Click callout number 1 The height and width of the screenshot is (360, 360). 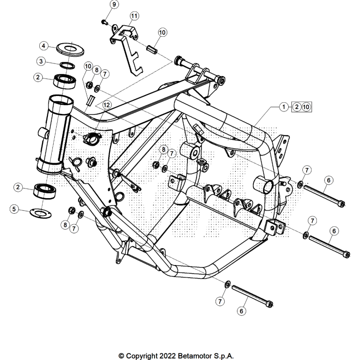(x=284, y=107)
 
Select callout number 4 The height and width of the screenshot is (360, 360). (x=44, y=46)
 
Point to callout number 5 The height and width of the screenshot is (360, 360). (x=15, y=209)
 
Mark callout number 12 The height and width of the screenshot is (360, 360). (x=106, y=104)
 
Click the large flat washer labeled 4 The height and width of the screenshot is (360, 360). (x=69, y=47)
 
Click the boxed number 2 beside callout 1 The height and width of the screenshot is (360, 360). (x=296, y=107)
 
